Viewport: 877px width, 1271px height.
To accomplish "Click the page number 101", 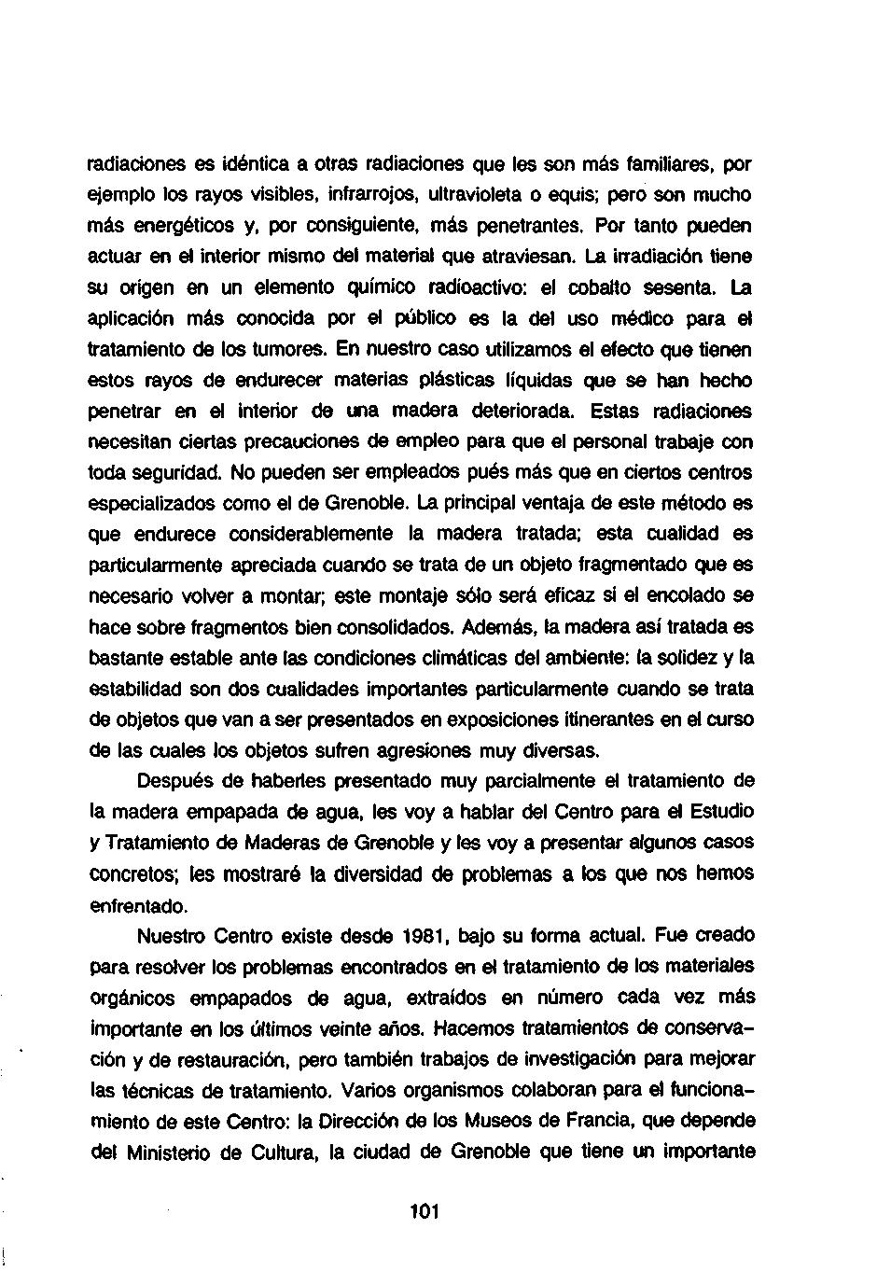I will click(x=424, y=1212).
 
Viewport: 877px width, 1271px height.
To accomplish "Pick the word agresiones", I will click(x=423, y=750).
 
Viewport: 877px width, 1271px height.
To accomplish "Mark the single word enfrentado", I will click(x=137, y=905).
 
